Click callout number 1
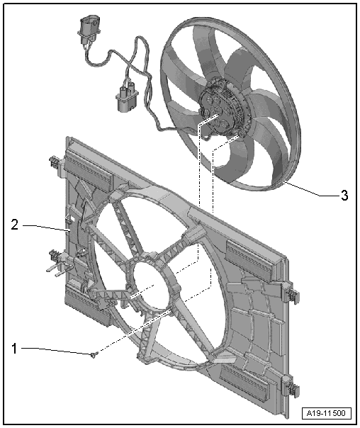click(x=14, y=349)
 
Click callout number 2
click(x=15, y=225)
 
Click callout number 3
click(x=344, y=196)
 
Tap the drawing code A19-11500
click(x=326, y=413)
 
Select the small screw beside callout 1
click(x=94, y=354)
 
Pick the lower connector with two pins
click(x=127, y=98)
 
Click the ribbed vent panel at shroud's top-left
click(x=88, y=171)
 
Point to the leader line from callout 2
click(x=46, y=227)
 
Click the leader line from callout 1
click(x=56, y=351)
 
